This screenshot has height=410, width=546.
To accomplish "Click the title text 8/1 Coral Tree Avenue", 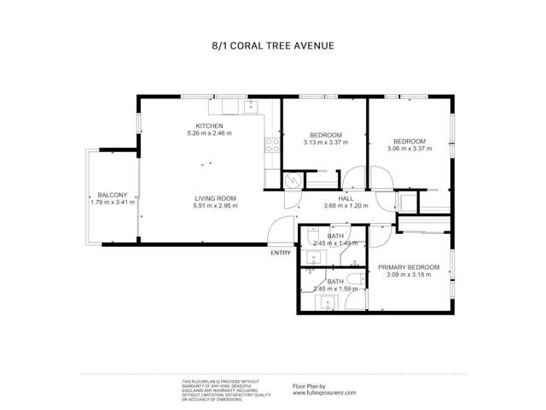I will [272, 46].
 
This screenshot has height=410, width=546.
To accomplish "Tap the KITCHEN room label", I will [209, 126].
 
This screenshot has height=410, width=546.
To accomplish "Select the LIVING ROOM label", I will [214, 198].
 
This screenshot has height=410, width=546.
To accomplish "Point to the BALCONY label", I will [112, 195].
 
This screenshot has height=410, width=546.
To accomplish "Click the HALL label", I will [346, 198].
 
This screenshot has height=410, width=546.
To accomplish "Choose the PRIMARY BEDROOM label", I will [410, 267].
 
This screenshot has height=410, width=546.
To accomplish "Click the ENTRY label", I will [280, 253].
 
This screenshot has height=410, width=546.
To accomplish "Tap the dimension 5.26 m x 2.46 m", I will [209, 133].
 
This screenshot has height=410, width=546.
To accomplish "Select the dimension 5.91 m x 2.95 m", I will [214, 206].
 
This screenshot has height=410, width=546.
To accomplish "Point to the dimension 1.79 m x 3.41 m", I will [112, 202].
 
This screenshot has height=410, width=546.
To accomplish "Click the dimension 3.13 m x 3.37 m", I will [326, 143].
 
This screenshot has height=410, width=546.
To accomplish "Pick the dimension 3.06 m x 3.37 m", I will [409, 149].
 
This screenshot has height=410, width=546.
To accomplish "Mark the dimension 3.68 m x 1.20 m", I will [346, 206].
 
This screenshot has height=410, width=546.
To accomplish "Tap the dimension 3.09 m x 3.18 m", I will [410, 275].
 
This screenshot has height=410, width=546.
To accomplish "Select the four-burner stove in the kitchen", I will [272, 145].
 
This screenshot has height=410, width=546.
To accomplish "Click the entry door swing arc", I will [278, 229].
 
